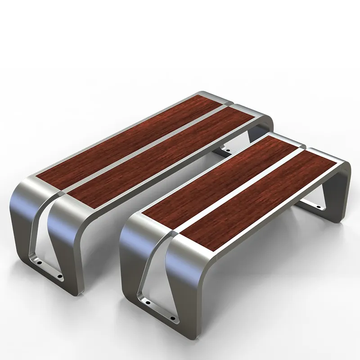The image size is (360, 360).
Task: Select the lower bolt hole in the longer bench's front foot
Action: coord(58,275)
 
